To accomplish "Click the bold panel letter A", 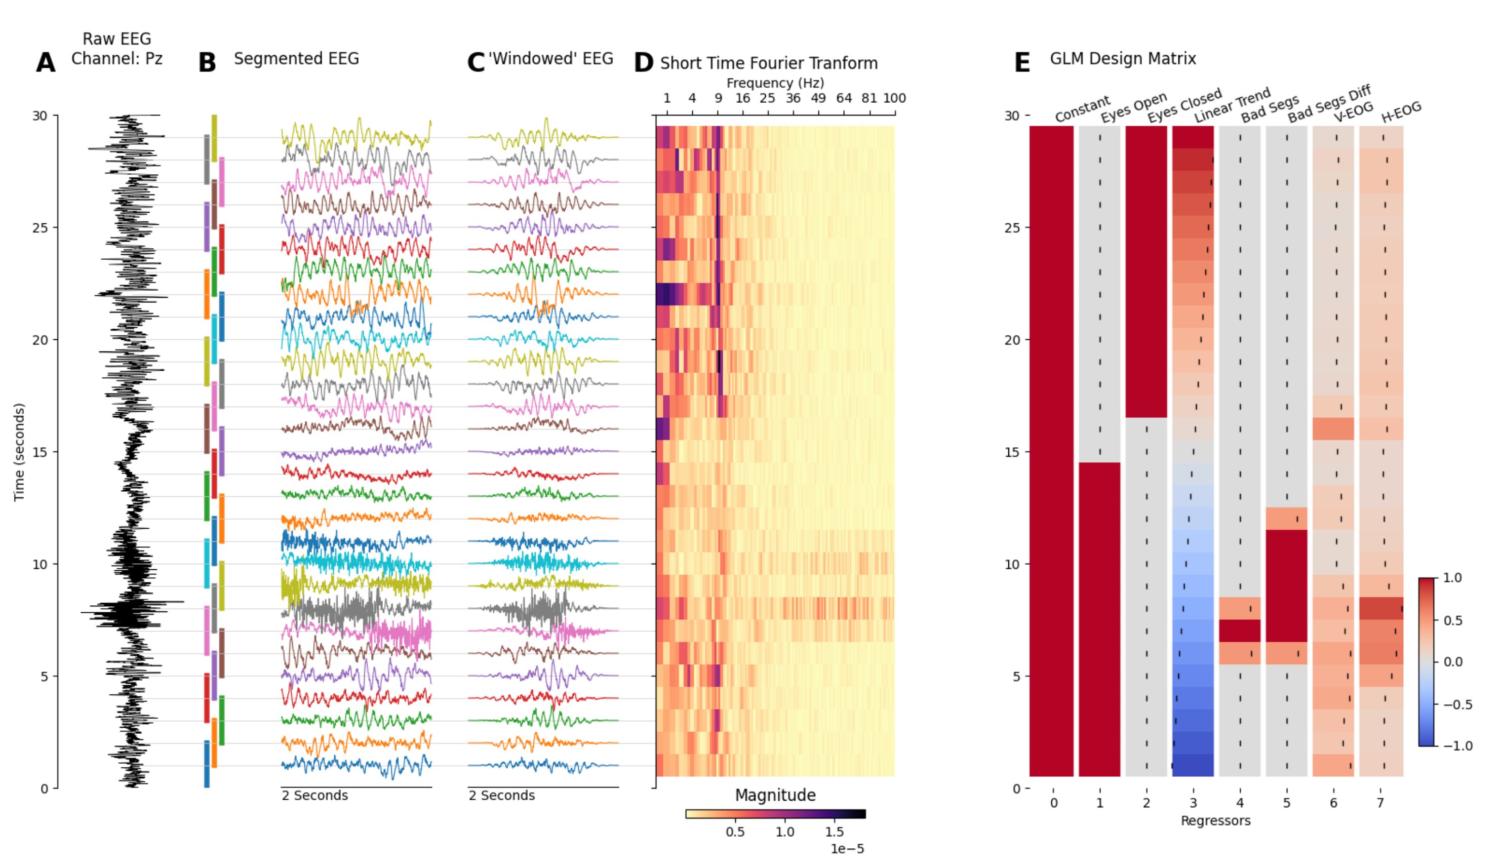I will pos(46,63).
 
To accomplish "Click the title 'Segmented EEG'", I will pos(296,59).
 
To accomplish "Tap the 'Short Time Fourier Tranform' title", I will pos(769,64).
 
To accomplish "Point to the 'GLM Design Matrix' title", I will pos(1123,59).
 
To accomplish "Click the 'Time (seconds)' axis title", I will pos(20,452).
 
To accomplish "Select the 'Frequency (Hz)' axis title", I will pos(775,83).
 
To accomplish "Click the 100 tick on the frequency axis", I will pos(894,99).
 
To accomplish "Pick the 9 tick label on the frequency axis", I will pos(718,99).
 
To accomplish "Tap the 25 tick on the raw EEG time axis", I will pos(40,227).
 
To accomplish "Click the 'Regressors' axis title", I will pos(1215,820).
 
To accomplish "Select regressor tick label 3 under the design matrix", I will pos(1193,803).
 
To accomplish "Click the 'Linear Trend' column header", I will pos(1232,105).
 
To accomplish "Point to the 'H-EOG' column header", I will pos(1401,112).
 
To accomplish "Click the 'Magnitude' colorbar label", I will pos(775,795).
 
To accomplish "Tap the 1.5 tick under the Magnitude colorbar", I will pos(835,832).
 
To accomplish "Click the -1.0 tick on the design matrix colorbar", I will pos(1457,745).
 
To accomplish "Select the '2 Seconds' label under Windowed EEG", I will pos(501,795).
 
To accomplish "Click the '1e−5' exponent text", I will pos(847,849).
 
